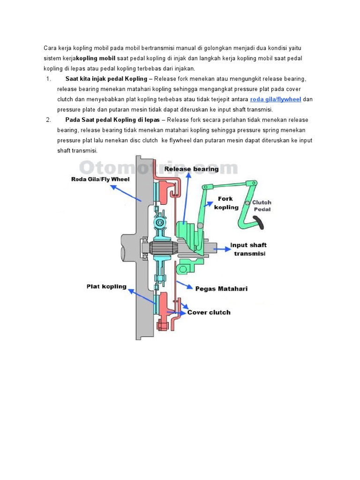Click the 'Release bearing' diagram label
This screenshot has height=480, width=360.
tap(191, 169)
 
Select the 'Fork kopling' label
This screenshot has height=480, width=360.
tap(226, 203)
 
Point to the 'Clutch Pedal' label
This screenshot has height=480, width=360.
tap(262, 206)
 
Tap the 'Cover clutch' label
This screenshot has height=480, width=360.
tap(209, 312)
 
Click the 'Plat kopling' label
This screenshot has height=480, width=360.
tap(106, 286)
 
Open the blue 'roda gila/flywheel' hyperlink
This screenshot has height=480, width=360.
tap(276, 99)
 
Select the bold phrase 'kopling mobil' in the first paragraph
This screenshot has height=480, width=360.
tap(96, 58)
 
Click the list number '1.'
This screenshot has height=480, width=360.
tap(49, 79)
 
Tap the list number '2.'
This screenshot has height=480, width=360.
tap(49, 120)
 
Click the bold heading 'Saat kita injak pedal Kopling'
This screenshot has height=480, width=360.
tap(106, 79)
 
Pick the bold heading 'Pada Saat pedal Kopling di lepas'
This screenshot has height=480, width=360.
tap(112, 120)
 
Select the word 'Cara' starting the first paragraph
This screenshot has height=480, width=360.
tap(50, 48)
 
